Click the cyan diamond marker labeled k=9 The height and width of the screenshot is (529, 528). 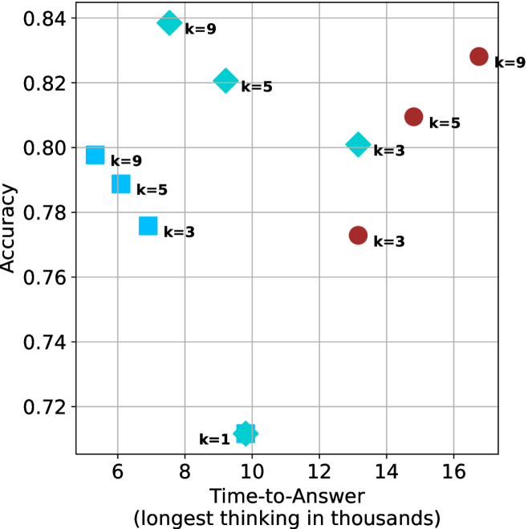click(169, 22)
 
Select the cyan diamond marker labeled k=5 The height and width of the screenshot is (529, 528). click(226, 80)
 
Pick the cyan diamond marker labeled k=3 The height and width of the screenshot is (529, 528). click(358, 145)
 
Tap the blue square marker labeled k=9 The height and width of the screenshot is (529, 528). click(95, 155)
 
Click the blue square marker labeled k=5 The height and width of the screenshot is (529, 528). click(120, 184)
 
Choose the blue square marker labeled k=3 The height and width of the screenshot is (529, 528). click(148, 226)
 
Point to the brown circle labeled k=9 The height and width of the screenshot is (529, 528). click(479, 56)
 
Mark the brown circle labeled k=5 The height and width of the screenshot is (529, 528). click(413, 117)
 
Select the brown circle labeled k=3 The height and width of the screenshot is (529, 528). click(358, 235)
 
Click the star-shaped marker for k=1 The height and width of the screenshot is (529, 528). click(246, 434)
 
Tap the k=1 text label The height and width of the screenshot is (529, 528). click(214, 438)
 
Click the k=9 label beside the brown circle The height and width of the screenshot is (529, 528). click(510, 62)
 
